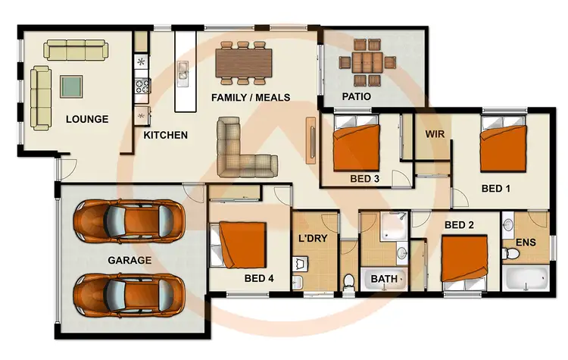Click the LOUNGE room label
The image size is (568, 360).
coord(87,119)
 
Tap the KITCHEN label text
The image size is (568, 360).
coord(166,136)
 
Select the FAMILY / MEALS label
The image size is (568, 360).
coord(245,98)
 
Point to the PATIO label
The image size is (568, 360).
coord(356,97)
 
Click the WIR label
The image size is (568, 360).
coord(434,134)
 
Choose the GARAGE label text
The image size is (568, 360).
coord(129,260)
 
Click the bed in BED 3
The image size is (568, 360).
coord(357,147)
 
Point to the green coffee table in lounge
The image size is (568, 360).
coord(73,86)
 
